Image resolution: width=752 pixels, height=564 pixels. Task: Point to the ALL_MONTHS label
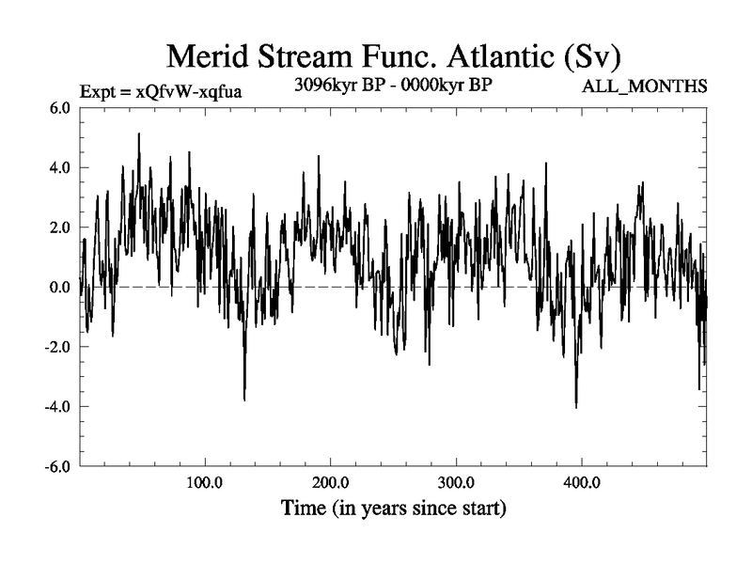pos(646,87)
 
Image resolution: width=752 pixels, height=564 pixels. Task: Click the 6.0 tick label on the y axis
pos(60,108)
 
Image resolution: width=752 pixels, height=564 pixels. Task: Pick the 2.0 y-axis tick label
pos(60,227)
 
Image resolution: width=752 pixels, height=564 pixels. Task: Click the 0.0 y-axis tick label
pos(60,287)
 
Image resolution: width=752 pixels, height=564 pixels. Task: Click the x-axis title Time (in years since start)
pos(394,509)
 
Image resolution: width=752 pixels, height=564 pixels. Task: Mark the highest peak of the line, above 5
pos(139,133)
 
